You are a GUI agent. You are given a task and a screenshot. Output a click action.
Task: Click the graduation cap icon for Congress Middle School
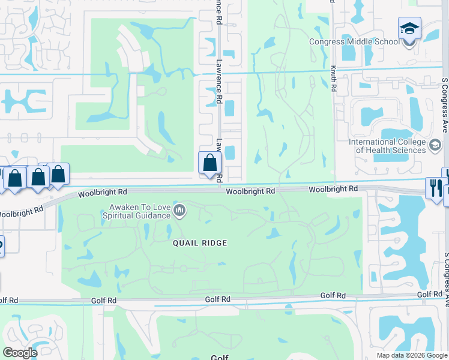click(x=409, y=28)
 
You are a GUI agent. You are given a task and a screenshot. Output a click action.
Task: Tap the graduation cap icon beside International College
click(x=435, y=145)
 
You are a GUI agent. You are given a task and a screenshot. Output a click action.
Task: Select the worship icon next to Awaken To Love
click(x=179, y=211)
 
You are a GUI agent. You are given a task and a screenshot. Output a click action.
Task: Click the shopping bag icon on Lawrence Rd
click(x=209, y=163)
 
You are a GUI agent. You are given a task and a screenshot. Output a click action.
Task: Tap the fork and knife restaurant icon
click(x=435, y=188)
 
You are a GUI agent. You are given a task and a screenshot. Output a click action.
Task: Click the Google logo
click(x=20, y=352)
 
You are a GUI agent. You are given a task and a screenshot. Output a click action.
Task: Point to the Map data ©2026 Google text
click(x=412, y=355)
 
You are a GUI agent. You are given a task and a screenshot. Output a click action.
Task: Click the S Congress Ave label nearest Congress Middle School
click(x=445, y=107)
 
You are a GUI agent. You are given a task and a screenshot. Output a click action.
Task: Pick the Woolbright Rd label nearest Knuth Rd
click(x=333, y=188)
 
